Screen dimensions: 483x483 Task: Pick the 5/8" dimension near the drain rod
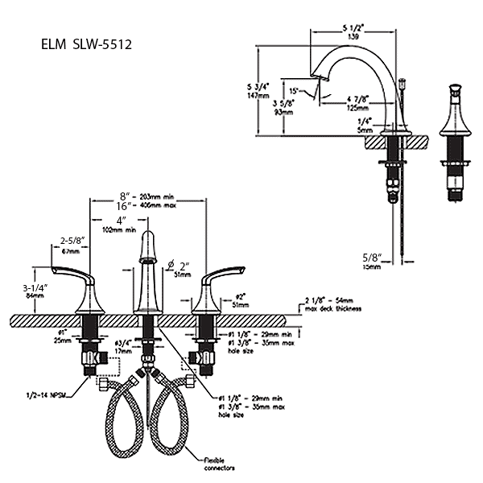pos(371,258)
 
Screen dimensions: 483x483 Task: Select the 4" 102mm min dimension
pos(121,225)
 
